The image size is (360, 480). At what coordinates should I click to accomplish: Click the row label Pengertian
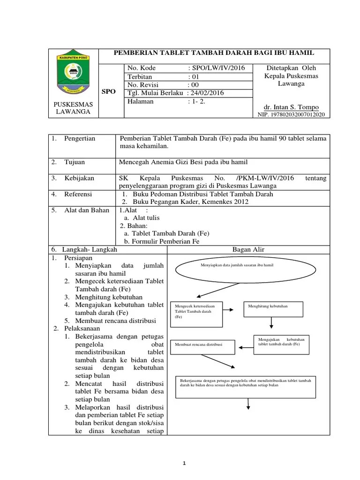(x=80, y=138)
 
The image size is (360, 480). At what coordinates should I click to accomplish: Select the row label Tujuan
(x=75, y=162)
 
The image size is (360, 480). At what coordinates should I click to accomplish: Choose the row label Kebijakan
(x=79, y=178)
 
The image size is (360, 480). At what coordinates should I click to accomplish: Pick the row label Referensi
(x=78, y=194)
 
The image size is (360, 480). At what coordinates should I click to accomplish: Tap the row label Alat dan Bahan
(x=87, y=210)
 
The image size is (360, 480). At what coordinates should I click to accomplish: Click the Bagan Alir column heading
(x=248, y=249)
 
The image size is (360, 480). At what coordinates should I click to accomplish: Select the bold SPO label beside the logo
(x=108, y=92)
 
